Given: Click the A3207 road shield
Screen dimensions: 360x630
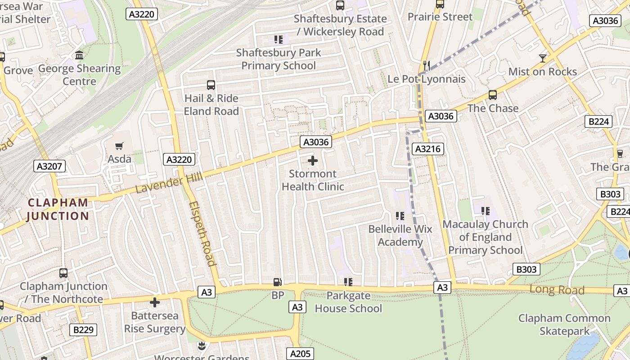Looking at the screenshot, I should (49, 166).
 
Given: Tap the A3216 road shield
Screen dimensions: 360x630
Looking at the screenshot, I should (428, 149).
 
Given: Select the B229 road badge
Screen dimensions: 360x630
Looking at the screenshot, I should (83, 330).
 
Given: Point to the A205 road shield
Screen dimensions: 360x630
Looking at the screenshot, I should (300, 354).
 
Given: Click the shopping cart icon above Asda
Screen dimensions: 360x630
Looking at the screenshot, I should (119, 146).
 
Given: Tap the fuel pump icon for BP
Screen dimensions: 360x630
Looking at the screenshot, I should (278, 282).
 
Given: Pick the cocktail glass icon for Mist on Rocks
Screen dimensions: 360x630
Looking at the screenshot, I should (542, 58).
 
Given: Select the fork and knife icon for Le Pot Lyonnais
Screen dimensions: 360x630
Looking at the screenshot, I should (426, 66).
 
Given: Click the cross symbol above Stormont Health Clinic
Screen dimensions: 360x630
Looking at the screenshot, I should (313, 161).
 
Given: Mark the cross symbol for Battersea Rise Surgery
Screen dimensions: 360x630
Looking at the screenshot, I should (155, 302).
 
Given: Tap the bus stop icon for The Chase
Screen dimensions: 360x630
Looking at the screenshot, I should (493, 95).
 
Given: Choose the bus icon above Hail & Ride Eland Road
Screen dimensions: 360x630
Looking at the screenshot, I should (211, 85).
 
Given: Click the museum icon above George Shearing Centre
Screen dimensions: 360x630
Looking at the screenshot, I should (79, 55).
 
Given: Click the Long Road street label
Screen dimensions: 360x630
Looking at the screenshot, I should (557, 289).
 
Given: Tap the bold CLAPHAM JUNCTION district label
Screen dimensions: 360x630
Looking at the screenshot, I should (58, 209).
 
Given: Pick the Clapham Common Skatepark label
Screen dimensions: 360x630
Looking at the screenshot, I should (564, 325).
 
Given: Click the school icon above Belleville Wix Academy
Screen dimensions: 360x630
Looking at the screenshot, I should (400, 216).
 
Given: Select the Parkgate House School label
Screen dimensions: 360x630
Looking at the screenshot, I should (348, 302).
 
